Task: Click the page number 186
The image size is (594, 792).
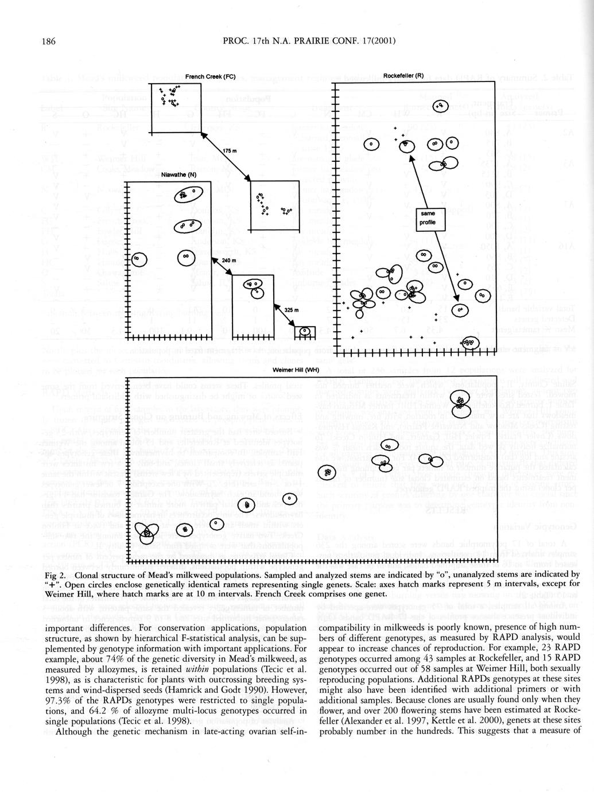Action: coord(48,41)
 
